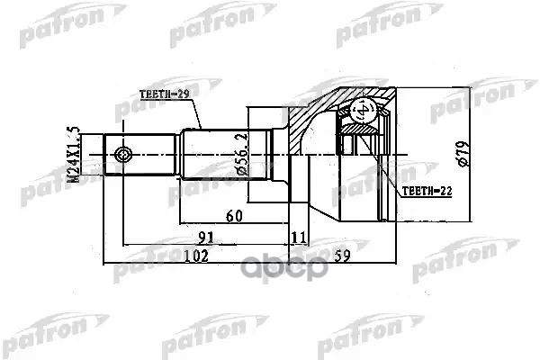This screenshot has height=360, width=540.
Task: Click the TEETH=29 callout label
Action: click(x=166, y=94)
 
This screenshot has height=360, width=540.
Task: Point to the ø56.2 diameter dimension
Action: click(x=242, y=153)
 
